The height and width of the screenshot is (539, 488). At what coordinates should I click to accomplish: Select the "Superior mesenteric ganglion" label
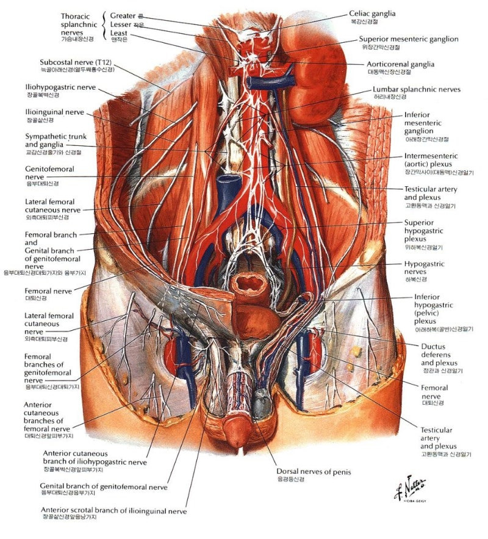tap(409, 40)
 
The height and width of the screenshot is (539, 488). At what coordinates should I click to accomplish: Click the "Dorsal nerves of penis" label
tap(314, 471)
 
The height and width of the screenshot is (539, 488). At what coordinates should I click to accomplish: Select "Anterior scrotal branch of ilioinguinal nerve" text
tap(113, 510)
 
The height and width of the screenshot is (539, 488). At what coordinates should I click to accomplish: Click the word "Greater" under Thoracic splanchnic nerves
tap(123, 15)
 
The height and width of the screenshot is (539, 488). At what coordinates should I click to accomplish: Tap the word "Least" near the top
tap(120, 34)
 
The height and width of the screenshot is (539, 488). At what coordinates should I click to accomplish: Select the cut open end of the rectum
tap(249, 283)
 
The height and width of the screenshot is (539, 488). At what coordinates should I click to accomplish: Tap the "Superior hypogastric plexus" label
tap(423, 231)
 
